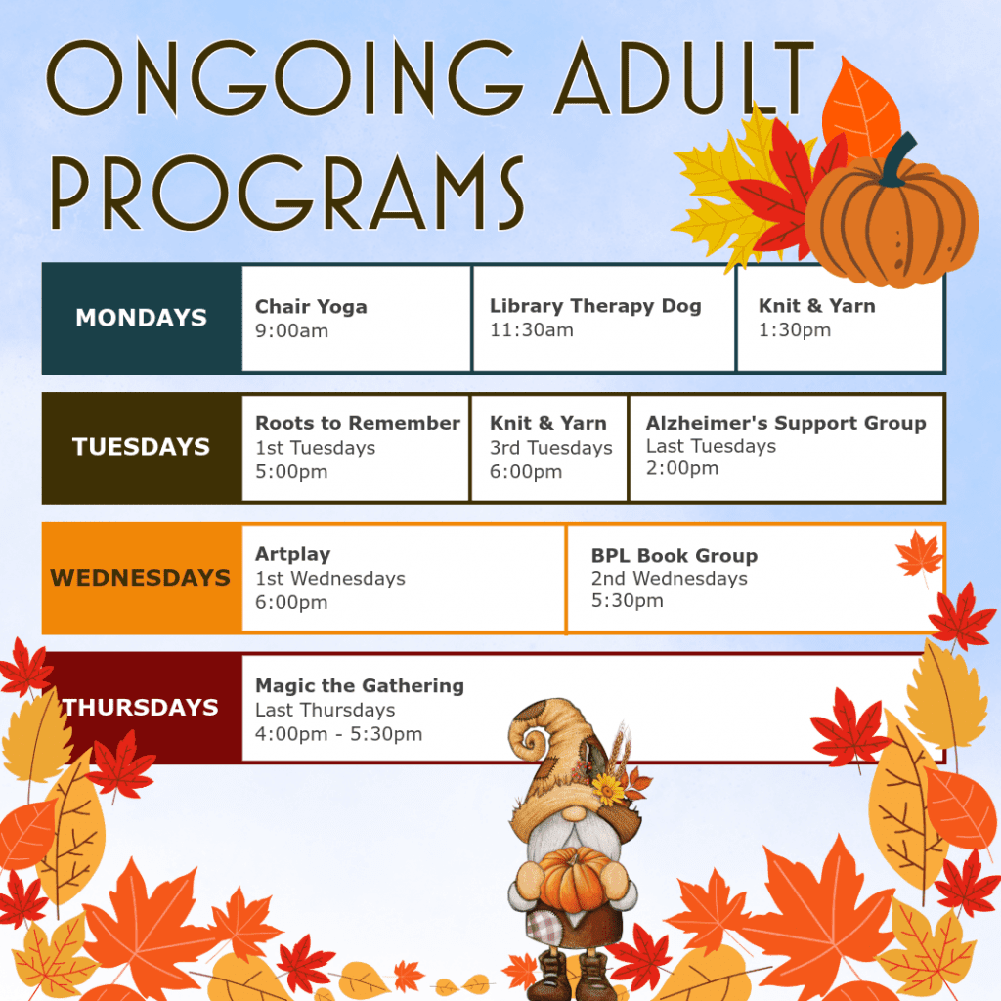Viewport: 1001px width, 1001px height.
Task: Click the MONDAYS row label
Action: pyautogui.click(x=142, y=318)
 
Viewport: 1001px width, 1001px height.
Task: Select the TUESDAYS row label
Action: pyautogui.click(x=142, y=447)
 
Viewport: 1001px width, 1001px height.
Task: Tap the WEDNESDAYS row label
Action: pyautogui.click(x=141, y=578)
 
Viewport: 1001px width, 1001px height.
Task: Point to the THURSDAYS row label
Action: pyautogui.click(x=142, y=707)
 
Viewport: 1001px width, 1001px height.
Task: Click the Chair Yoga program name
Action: pyautogui.click(x=311, y=306)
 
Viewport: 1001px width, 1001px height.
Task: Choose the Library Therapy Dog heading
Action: pyautogui.click(x=595, y=306)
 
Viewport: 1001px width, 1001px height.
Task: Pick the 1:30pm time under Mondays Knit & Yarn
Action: pyautogui.click(x=795, y=330)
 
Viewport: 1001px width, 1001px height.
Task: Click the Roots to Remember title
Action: pyautogui.click(x=357, y=423)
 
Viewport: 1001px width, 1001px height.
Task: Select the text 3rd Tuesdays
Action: pyautogui.click(x=550, y=448)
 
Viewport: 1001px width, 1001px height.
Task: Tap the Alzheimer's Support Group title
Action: pyautogui.click(x=785, y=423)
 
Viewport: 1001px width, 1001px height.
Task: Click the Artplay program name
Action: pyautogui.click(x=292, y=554)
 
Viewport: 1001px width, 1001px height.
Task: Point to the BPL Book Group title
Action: pyautogui.click(x=674, y=555)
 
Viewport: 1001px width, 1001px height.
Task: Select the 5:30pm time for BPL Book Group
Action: pyautogui.click(x=627, y=601)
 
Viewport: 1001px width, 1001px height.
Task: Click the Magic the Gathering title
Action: pyautogui.click(x=359, y=685)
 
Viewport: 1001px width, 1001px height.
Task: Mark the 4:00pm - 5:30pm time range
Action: pyautogui.click(x=338, y=734)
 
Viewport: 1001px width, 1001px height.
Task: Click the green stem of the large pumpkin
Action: pyautogui.click(x=892, y=161)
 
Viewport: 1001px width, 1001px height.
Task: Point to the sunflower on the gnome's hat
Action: pyautogui.click(x=608, y=788)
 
